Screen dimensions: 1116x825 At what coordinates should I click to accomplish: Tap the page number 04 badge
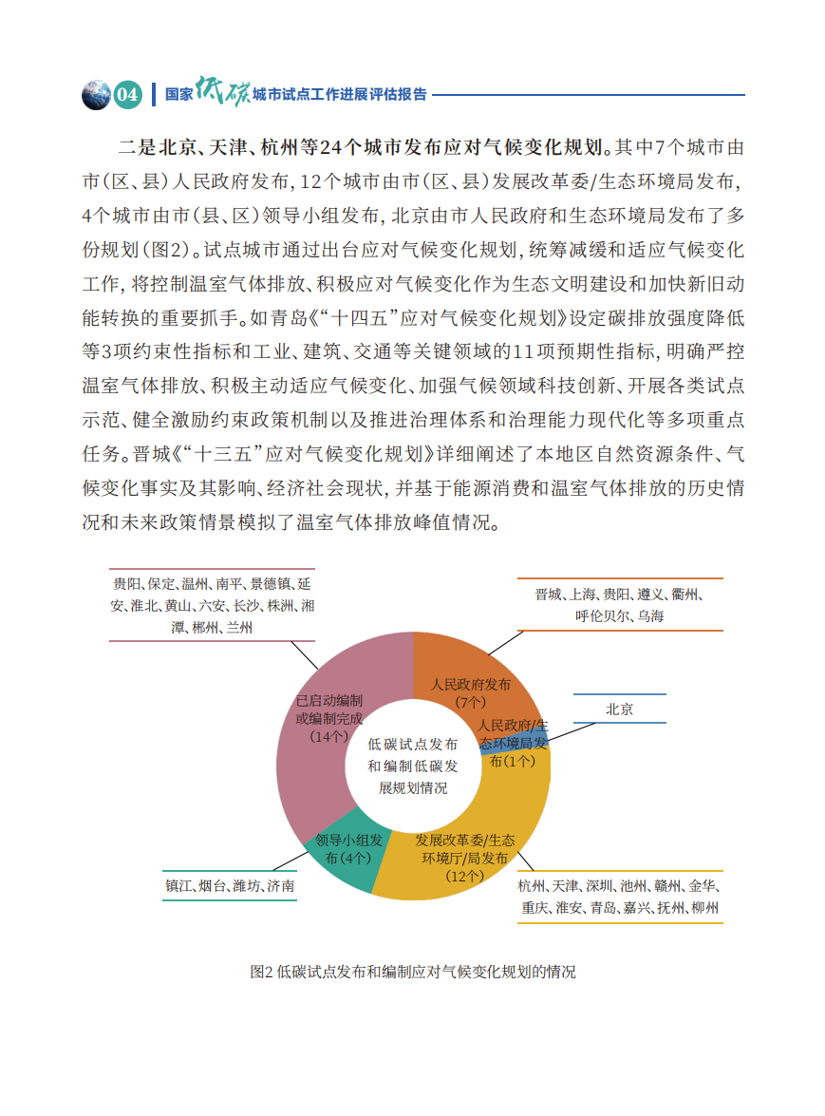(128, 95)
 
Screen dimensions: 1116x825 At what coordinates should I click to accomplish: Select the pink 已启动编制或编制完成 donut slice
(318, 750)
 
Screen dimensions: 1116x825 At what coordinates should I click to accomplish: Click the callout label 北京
(619, 709)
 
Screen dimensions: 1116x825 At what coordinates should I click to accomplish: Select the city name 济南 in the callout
(280, 886)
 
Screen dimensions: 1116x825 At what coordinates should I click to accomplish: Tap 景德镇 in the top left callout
(275, 584)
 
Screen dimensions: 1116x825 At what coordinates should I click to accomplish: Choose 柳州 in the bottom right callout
(704, 908)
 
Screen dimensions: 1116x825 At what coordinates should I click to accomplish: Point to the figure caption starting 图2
(412, 972)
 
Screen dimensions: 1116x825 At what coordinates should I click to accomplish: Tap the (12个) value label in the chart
(465, 877)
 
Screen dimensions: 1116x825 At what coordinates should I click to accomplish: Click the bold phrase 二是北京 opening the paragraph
(149, 147)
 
